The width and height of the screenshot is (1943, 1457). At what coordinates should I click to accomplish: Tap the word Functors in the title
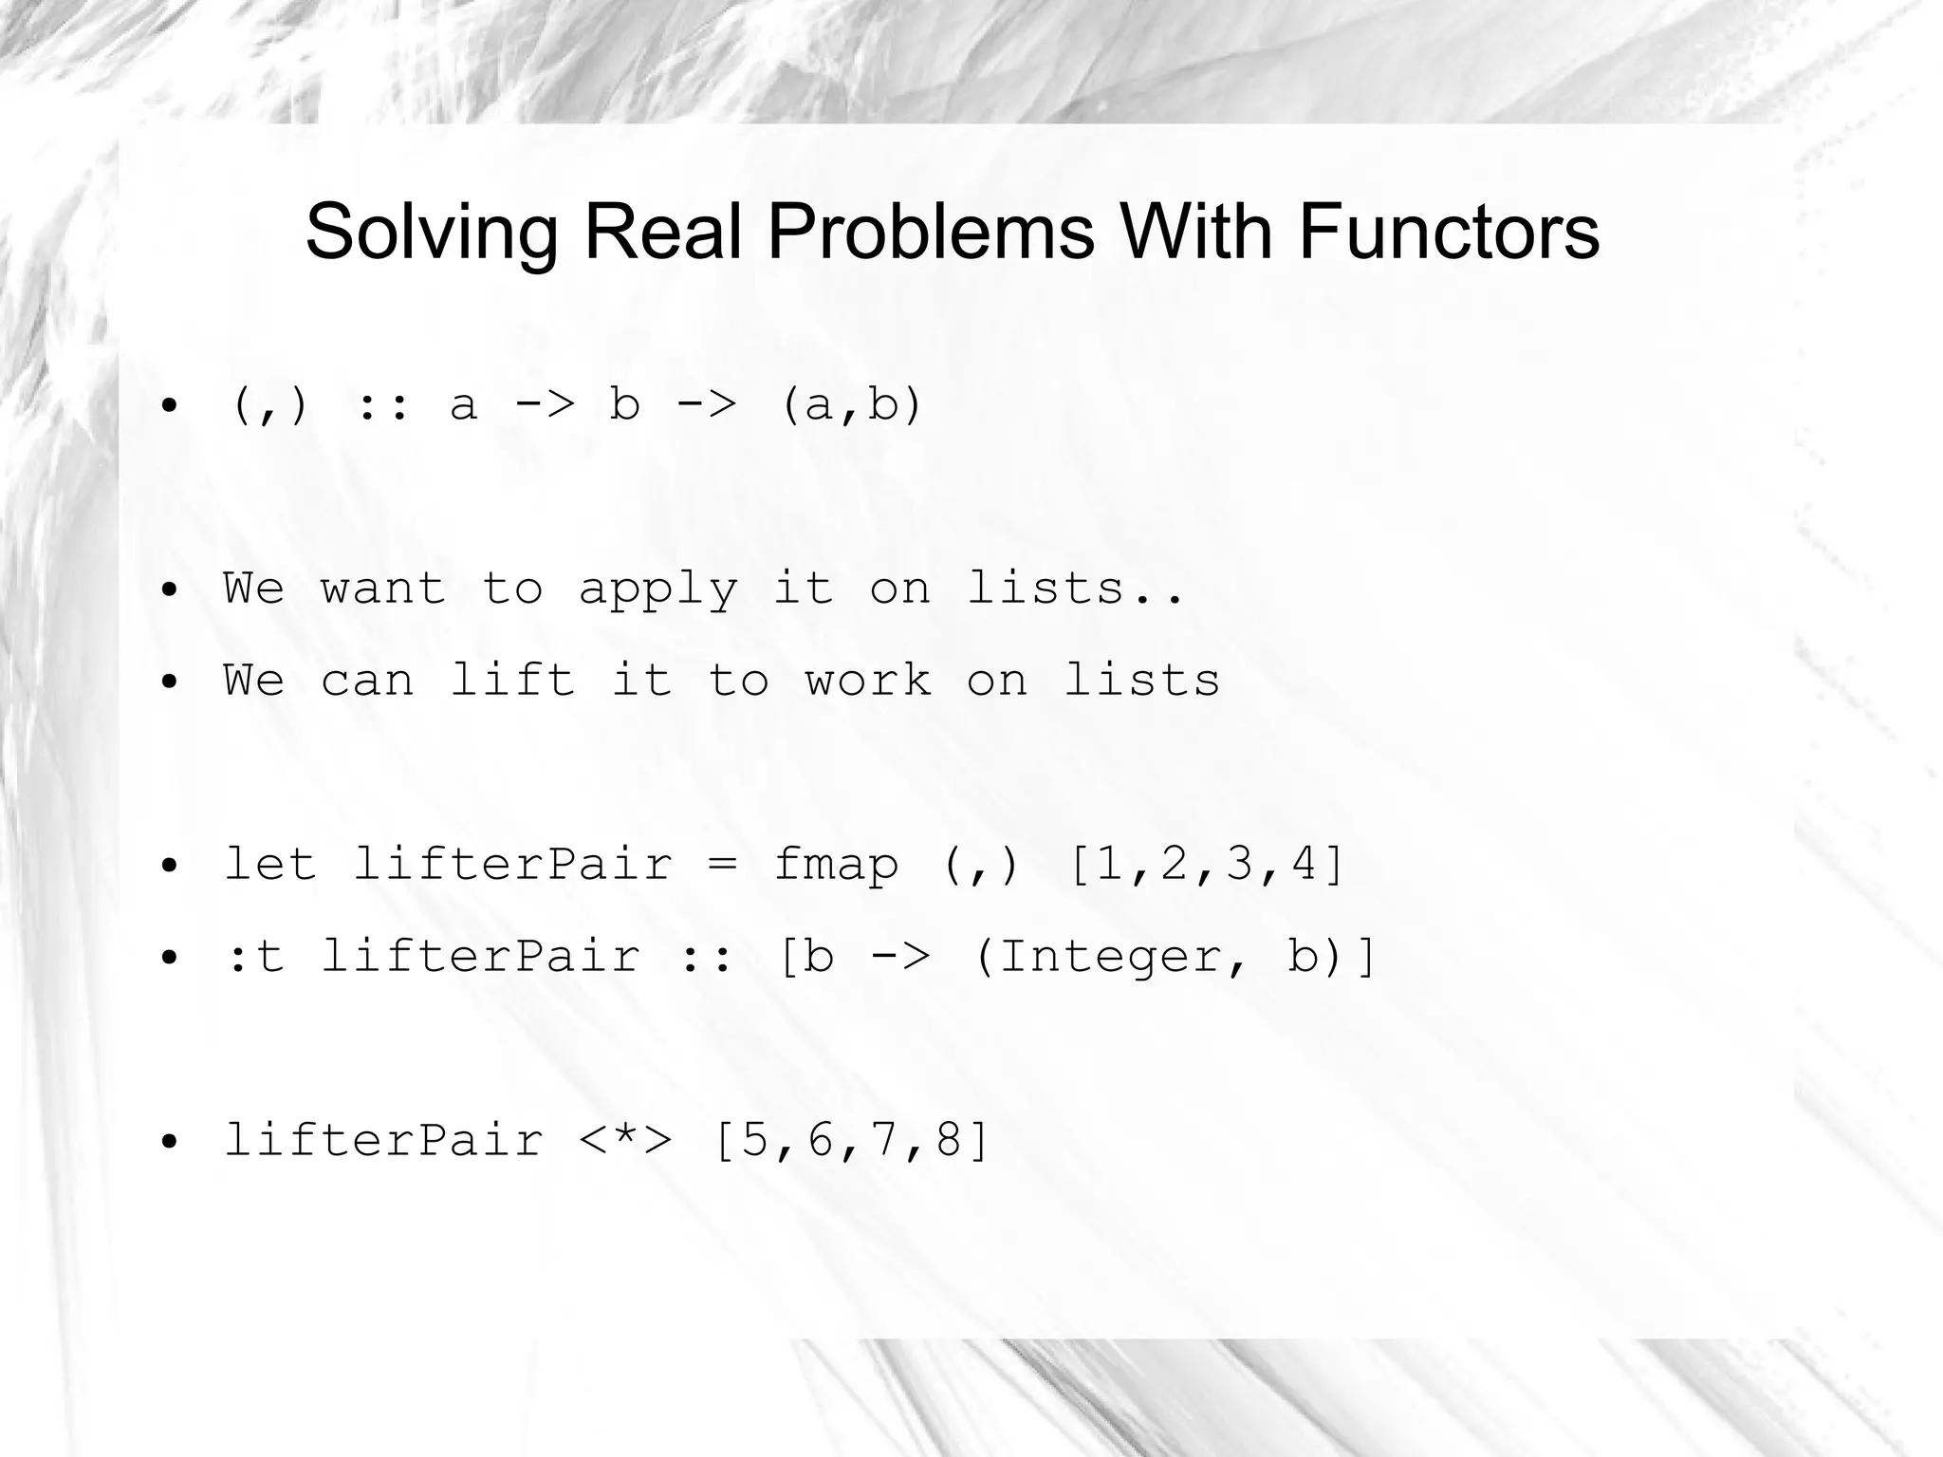[x=1449, y=233]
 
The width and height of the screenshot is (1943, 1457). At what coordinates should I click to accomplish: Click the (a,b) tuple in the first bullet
[x=851, y=405]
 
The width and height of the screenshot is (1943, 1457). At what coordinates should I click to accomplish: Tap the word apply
[x=657, y=589]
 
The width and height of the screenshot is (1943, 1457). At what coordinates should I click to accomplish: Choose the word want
[x=382, y=589]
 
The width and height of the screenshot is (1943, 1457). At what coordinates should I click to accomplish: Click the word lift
[x=512, y=681]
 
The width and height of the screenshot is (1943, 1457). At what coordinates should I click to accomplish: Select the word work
[x=868, y=681]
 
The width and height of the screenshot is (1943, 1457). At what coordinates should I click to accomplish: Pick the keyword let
[x=269, y=865]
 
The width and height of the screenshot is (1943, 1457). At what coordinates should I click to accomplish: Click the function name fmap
[x=836, y=865]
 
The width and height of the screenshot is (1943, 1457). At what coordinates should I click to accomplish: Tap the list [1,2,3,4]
[x=1207, y=865]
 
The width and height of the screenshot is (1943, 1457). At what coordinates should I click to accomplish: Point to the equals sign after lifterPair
[x=722, y=865]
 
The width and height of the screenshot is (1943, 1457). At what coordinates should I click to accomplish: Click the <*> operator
[x=625, y=1140]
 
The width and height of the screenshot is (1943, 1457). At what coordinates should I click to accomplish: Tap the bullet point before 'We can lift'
[x=169, y=682]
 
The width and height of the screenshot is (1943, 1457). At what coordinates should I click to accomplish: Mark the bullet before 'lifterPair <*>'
[x=169, y=1142]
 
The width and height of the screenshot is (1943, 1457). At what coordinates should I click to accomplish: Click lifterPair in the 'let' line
[x=512, y=865]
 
